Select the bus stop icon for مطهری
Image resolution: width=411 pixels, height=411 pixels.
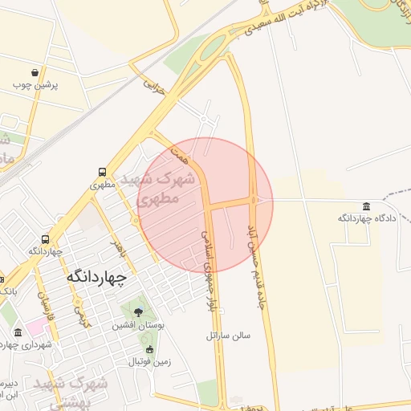pyautogui.click(x=102, y=172)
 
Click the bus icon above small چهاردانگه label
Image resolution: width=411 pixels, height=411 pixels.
pyautogui.click(x=45, y=239)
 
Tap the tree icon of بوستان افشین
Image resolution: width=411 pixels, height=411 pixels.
pyautogui.click(x=137, y=312)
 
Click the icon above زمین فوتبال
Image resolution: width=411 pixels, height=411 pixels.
pyautogui.click(x=149, y=349)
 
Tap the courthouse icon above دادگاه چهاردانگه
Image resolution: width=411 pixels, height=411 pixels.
pyautogui.click(x=367, y=206)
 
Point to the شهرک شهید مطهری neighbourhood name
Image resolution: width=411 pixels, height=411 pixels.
pyautogui.click(x=165, y=187)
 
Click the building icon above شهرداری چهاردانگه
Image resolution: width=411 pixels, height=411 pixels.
pyautogui.click(x=18, y=332)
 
